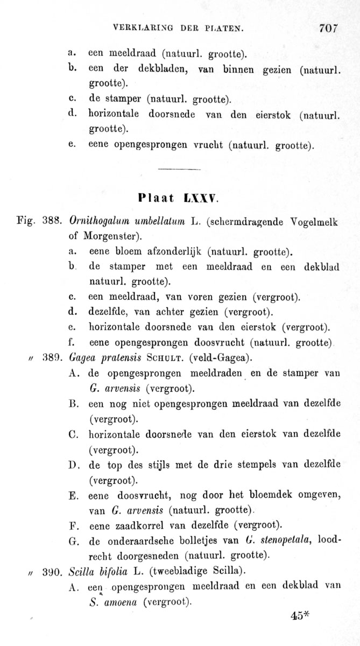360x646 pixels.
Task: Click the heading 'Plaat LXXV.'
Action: click(x=178, y=197)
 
